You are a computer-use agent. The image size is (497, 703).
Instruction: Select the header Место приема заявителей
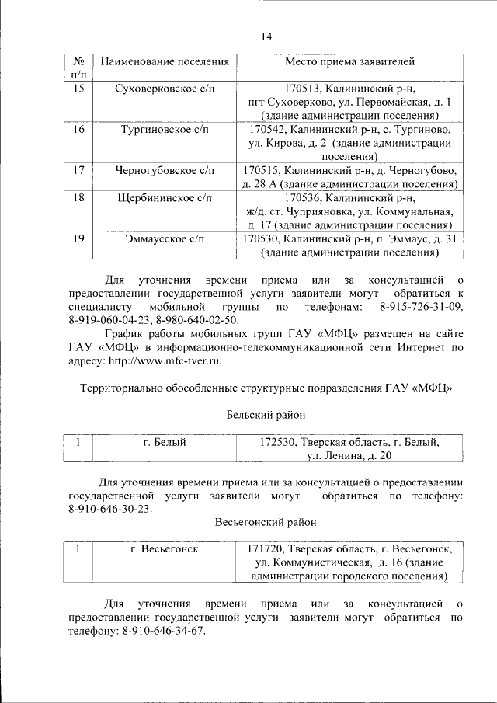click(349, 61)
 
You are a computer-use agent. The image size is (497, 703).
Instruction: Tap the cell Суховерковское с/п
click(164, 89)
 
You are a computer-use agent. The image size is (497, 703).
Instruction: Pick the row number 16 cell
click(78, 129)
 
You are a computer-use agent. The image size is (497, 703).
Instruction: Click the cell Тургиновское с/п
click(164, 129)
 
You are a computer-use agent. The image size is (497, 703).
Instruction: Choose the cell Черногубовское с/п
click(164, 169)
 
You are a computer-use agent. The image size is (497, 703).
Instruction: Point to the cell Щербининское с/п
click(164, 198)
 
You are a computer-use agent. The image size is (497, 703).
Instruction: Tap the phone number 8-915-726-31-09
click(421, 308)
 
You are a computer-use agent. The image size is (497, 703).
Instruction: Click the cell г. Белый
click(164, 443)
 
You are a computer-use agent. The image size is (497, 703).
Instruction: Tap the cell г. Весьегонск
click(164, 549)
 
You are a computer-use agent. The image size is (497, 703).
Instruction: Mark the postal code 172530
click(277, 443)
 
